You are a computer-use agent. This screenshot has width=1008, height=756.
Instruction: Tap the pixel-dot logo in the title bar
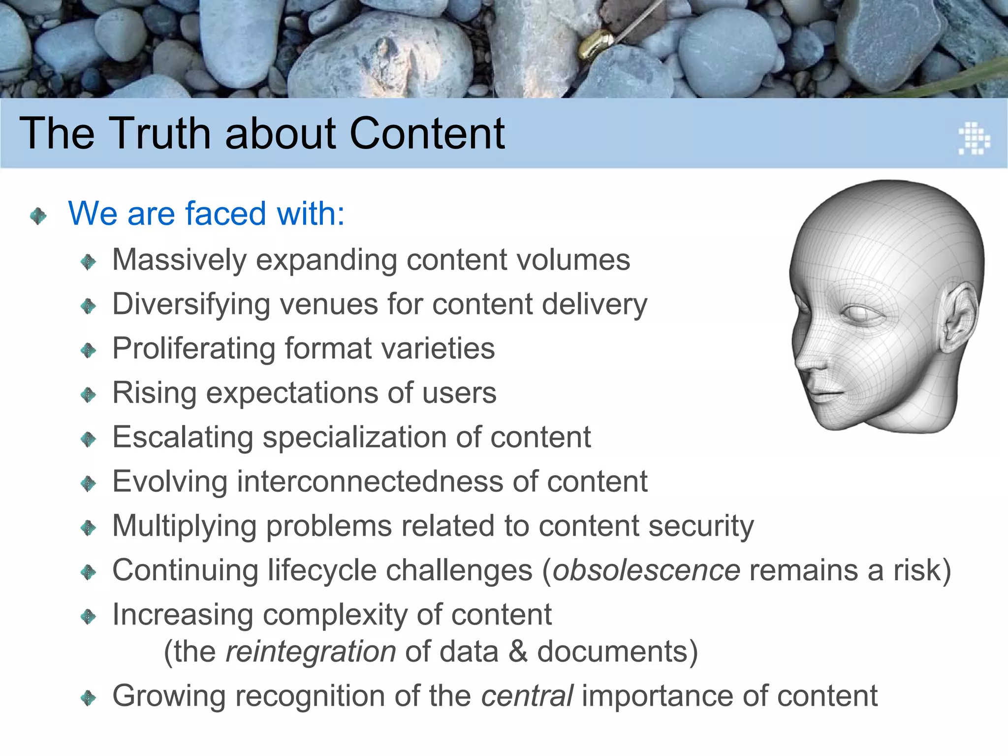974,138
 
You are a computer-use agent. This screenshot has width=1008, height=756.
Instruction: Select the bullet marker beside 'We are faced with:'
38,216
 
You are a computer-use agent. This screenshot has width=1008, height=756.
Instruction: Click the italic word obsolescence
646,570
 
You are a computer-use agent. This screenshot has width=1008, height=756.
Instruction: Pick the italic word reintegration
311,652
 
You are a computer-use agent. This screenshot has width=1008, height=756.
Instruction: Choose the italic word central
527,696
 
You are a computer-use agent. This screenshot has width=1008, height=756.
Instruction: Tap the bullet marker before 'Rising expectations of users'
88,394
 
